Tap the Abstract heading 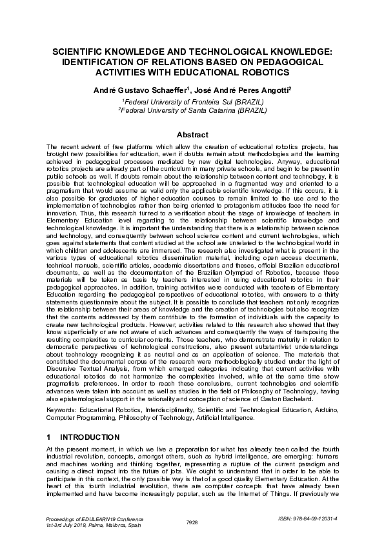(192, 135)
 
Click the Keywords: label (63, 410)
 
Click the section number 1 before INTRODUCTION (50, 437)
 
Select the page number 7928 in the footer (192, 522)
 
